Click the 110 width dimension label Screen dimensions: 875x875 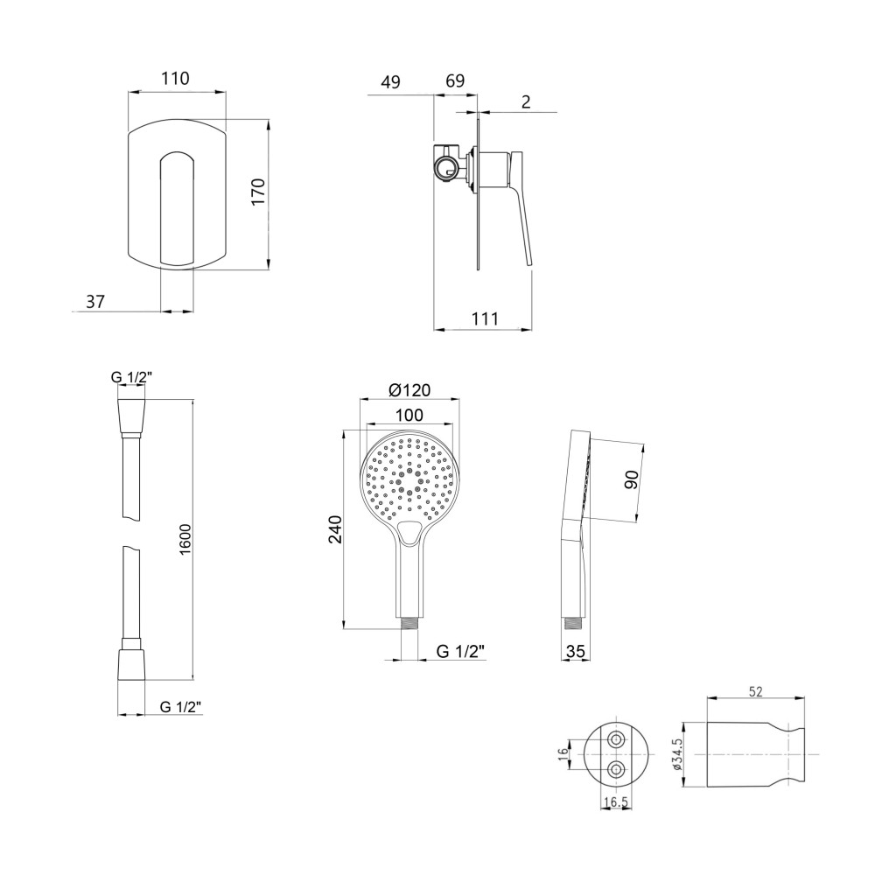(176, 78)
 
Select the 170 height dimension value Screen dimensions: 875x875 (258, 192)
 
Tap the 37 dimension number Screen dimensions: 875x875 (94, 301)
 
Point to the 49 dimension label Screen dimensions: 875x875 (390, 81)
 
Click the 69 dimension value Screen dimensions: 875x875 (455, 80)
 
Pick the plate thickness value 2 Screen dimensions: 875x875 (526, 102)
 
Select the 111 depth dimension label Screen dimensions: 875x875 (485, 318)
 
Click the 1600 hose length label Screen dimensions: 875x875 (185, 540)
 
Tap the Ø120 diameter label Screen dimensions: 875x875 (410, 390)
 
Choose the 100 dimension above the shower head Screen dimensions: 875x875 (409, 415)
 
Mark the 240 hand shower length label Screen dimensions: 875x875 (334, 530)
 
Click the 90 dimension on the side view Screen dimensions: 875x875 (631, 479)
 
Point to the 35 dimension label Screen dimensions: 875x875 (576, 651)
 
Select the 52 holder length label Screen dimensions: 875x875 (755, 692)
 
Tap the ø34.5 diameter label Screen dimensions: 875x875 (678, 754)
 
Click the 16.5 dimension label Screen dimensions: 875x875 (615, 802)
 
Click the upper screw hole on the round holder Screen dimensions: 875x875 (616, 740)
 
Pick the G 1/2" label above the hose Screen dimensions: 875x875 (132, 377)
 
